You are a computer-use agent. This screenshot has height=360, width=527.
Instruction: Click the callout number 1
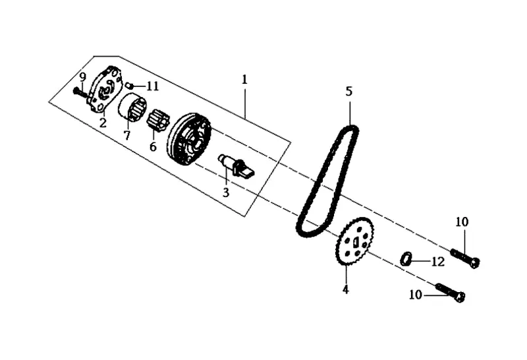click(x=244, y=79)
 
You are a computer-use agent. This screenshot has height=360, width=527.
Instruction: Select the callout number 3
click(x=225, y=193)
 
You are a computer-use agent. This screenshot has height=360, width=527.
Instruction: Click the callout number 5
click(x=349, y=91)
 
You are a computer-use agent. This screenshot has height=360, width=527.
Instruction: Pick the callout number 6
click(x=153, y=146)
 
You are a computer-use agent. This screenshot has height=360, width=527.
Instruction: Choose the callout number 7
click(x=126, y=135)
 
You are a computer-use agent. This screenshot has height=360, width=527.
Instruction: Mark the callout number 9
click(x=82, y=77)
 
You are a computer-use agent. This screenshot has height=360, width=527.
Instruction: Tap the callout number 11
click(x=153, y=86)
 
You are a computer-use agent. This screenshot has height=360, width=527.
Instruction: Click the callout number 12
click(x=438, y=261)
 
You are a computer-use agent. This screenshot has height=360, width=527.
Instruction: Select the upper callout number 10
click(x=462, y=222)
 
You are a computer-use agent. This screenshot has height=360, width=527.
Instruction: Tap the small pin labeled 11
click(x=130, y=85)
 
